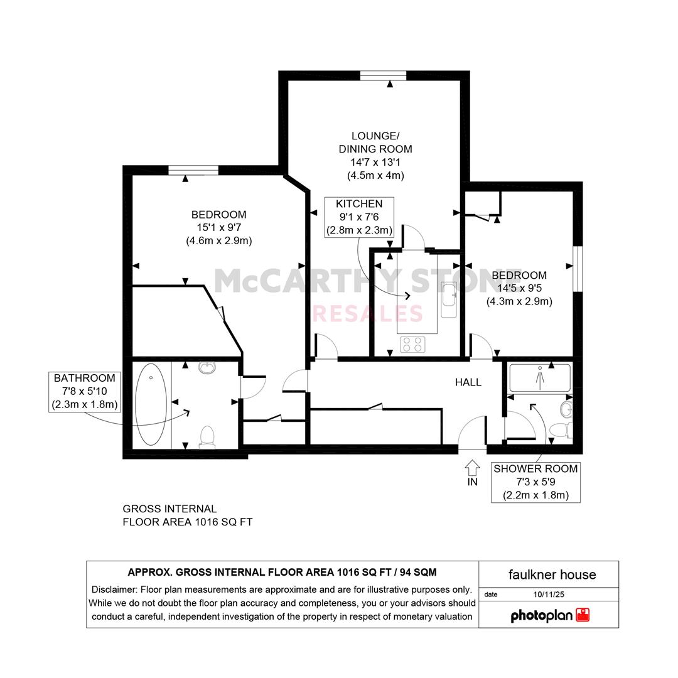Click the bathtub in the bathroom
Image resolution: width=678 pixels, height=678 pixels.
pos(151,404)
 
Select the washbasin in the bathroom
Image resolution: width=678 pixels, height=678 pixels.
pos(207,367)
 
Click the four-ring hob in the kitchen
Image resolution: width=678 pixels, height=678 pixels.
pos(412,344)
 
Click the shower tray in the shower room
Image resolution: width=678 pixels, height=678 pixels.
pos(540,378)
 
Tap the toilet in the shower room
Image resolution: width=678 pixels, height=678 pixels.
pos(561,430)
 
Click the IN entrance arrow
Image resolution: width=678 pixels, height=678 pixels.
pos(472,468)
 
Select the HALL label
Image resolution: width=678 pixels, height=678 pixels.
pos(468,382)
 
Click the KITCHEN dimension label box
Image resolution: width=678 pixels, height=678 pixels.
pos(359,217)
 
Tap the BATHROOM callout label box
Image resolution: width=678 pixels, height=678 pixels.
pos(85,391)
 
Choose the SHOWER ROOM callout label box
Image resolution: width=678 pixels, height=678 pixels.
pos(535,482)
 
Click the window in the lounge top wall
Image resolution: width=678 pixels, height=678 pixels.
pos(383,76)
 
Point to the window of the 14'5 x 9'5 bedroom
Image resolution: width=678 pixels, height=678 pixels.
pos(578,269)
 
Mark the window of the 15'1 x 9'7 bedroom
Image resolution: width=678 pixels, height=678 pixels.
pos(193,170)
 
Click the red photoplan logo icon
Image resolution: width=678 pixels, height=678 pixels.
pos(583,615)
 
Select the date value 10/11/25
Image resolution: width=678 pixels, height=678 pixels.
pos(549,595)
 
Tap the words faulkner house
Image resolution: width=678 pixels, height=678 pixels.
pos(552,574)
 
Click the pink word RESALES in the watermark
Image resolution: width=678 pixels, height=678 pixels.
pos(367,314)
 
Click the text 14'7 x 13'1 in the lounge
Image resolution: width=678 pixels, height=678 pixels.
pos(375,163)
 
